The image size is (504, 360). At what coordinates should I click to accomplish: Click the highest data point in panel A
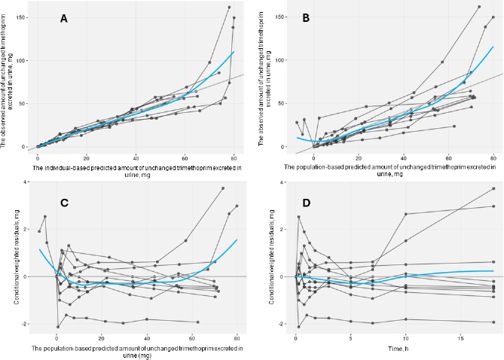pos(229,8)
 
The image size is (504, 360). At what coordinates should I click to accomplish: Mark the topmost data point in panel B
pos(479,8)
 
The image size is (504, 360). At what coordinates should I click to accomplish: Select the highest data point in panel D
pos(493,188)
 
